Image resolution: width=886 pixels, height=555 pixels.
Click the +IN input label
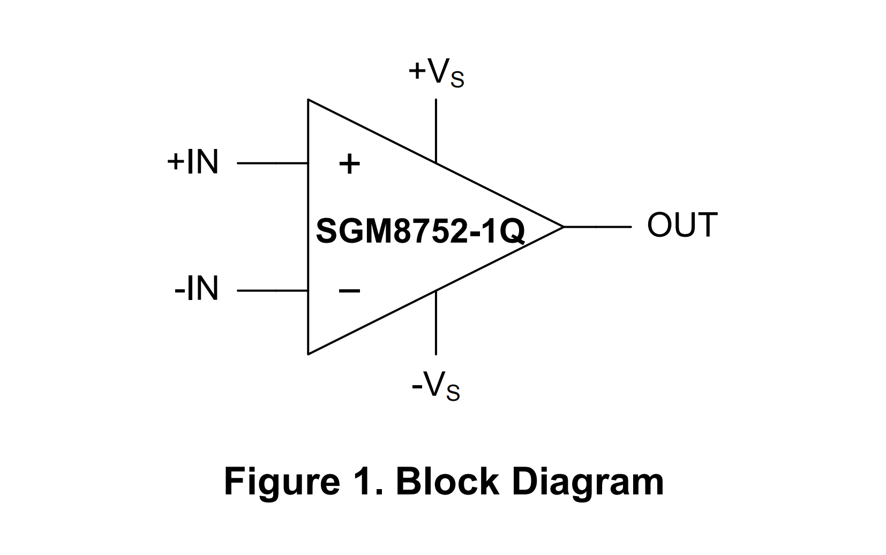[193, 162]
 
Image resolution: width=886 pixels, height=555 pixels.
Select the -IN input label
[197, 289]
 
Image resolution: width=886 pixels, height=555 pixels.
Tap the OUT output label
[682, 225]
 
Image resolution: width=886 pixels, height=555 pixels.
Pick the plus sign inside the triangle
[349, 164]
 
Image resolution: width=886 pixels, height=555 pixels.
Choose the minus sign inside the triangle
[349, 291]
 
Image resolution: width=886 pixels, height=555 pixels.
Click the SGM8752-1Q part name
[421, 231]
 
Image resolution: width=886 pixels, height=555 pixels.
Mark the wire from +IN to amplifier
[272, 163]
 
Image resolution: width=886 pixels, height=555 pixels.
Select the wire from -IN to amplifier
[272, 291]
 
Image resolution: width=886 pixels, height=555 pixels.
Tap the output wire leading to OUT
[597, 227]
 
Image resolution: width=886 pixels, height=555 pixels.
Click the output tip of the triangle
[562, 227]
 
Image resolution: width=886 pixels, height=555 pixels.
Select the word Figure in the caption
[282, 482]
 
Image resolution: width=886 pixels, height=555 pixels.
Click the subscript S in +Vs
[457, 80]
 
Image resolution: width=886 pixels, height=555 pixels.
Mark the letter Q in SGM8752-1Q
[513, 232]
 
